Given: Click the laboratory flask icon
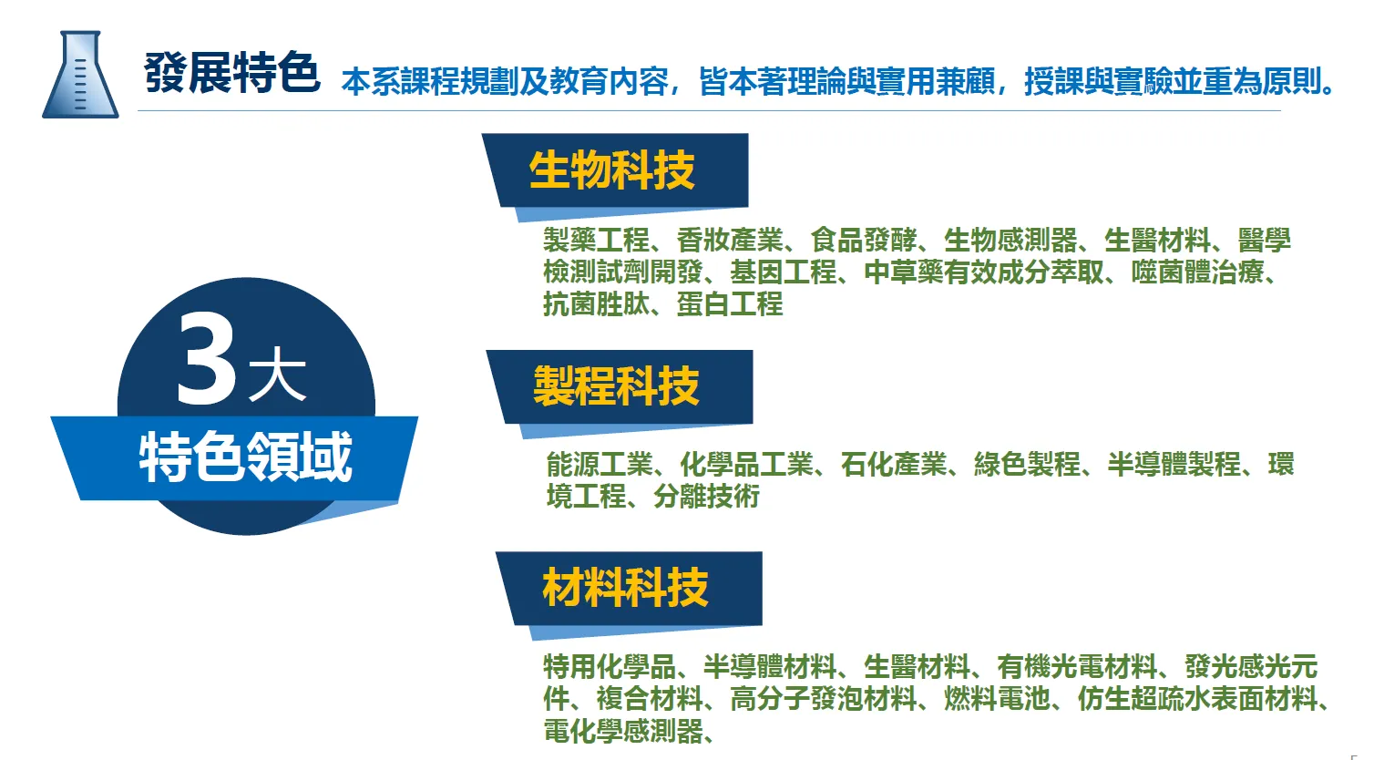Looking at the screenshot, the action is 80,74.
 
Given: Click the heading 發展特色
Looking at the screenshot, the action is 231,73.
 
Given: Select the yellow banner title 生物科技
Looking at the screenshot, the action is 611,169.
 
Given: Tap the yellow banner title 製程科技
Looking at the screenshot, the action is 616,386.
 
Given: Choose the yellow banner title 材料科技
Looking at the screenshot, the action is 625,588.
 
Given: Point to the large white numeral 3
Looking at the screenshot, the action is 206,359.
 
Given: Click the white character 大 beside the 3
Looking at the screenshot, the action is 277,374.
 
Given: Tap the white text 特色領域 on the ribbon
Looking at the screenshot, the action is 246,457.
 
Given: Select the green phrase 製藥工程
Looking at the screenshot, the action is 596,240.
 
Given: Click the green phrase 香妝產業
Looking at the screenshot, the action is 730,240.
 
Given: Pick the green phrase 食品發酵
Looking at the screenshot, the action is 864,240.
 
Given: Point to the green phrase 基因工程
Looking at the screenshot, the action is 784,272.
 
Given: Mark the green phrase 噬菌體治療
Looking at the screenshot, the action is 1198,272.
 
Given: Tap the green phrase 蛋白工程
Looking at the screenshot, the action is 730,303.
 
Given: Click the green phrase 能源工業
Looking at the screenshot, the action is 600,465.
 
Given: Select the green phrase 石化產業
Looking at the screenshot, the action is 894,465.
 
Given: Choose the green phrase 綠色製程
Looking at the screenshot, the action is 1028,465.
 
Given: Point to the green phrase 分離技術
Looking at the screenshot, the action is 706,497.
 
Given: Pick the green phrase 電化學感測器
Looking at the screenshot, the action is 623,731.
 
